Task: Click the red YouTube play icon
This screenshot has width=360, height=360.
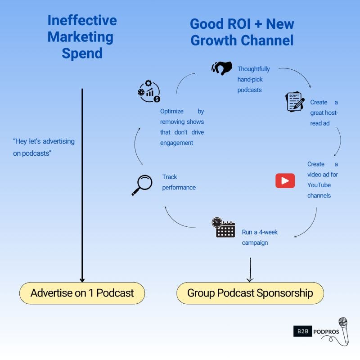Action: pyautogui.click(x=285, y=180)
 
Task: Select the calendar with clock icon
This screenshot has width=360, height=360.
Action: pyautogui.click(x=223, y=228)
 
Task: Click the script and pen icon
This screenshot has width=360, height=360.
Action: pyautogui.click(x=295, y=102)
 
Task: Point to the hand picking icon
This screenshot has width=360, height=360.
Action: pyautogui.click(x=221, y=68)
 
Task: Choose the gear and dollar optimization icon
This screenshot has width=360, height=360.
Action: pyautogui.click(x=149, y=91)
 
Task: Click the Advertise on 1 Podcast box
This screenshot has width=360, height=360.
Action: pyautogui.click(x=82, y=293)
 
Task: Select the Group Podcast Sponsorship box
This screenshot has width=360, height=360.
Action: pyautogui.click(x=250, y=293)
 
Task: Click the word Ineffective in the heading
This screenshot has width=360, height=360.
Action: pyautogui.click(x=82, y=21)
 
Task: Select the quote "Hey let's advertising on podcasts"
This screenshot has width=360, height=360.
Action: pyautogui.click(x=44, y=147)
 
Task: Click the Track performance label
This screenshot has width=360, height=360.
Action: pyautogui.click(x=179, y=182)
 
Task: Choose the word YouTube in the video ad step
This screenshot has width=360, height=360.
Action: pyautogui.click(x=319, y=185)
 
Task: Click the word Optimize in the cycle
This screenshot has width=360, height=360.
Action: pyautogui.click(x=172, y=111)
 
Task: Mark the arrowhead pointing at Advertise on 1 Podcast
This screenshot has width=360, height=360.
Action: pyautogui.click(x=82, y=279)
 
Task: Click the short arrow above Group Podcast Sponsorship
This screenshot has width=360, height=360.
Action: pyautogui.click(x=250, y=270)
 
